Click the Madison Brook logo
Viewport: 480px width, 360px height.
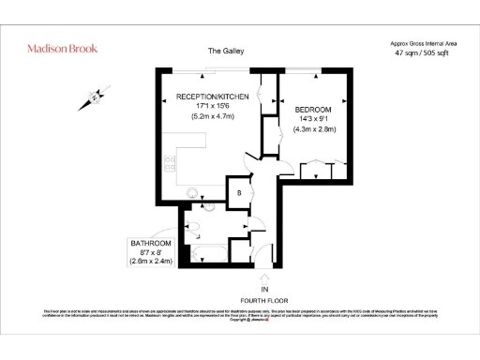(x=62, y=48)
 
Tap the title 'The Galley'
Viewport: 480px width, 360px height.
(x=225, y=51)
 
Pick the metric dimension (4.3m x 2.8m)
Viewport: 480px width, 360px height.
(x=313, y=129)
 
